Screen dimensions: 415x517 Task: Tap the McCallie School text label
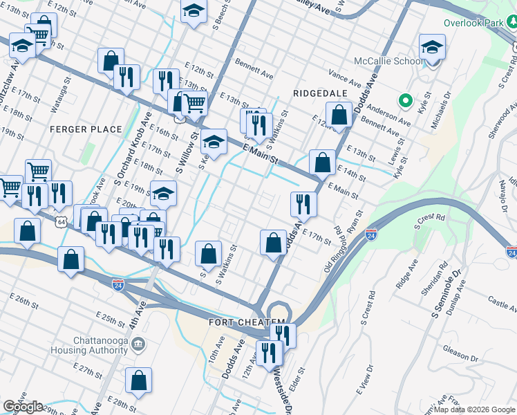389,61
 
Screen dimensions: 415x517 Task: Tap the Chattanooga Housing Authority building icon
138,344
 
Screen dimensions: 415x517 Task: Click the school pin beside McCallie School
432,48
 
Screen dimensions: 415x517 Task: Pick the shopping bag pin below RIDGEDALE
339,116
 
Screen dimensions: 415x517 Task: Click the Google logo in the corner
23,406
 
